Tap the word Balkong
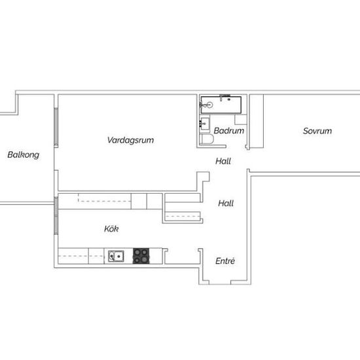(24, 155)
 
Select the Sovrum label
(317, 131)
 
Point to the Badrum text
(229, 131)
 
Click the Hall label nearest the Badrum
(223, 161)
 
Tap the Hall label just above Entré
(225, 204)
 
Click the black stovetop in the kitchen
(142, 256)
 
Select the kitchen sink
(117, 256)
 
